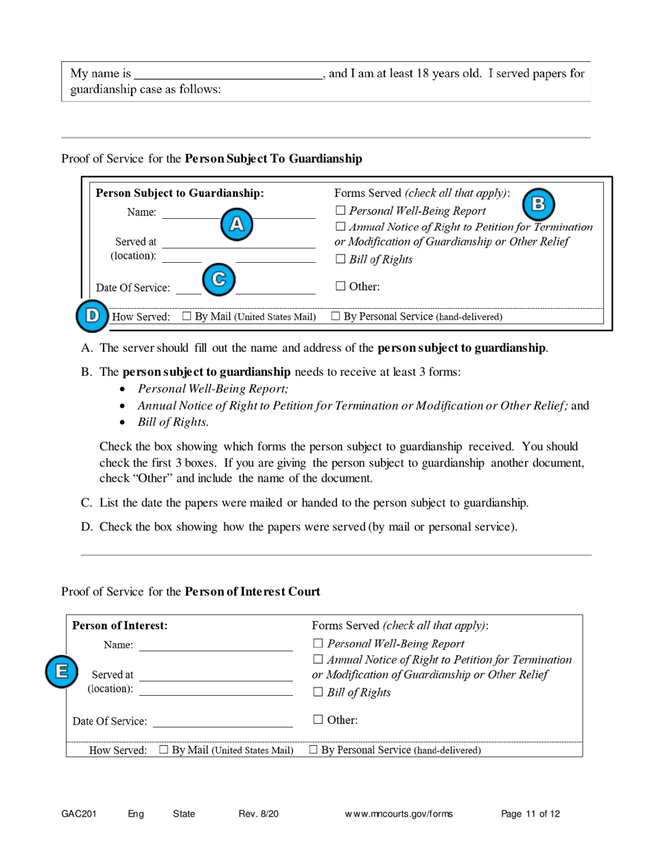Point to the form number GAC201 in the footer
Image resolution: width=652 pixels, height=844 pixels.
(x=78, y=814)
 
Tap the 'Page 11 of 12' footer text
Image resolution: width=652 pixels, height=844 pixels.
(x=531, y=814)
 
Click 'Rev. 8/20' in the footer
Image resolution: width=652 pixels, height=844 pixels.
(x=259, y=814)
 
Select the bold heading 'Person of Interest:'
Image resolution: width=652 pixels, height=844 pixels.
(x=120, y=625)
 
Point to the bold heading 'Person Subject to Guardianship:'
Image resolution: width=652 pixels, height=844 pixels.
(x=181, y=193)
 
